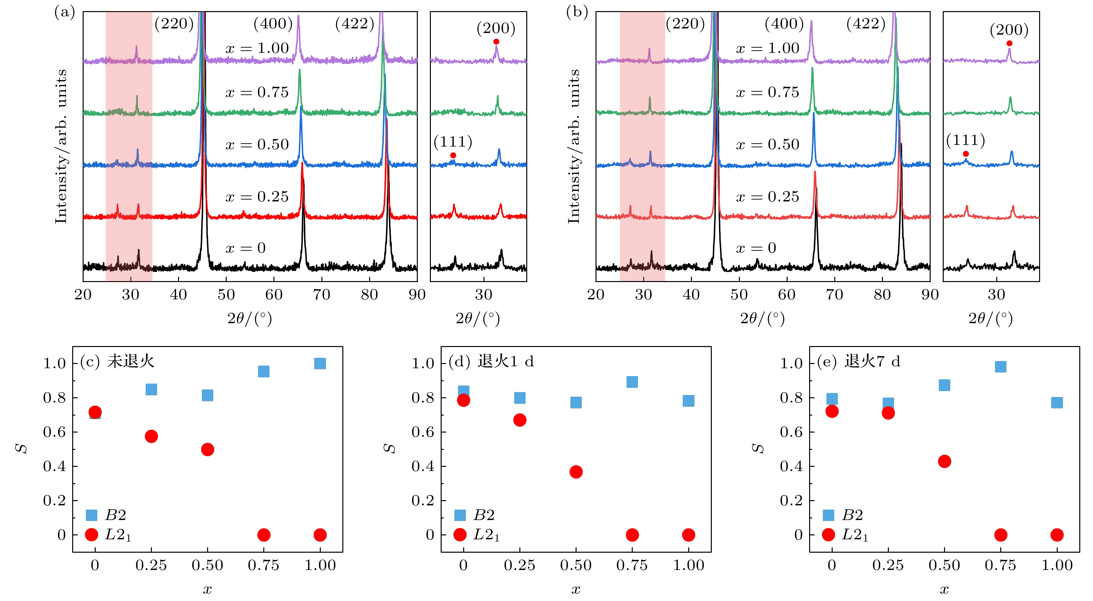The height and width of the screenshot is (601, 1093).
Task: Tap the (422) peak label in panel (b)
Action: point(866,24)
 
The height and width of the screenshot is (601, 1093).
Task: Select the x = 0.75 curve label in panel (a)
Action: point(257,92)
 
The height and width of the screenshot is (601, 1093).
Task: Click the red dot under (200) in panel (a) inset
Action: point(496,41)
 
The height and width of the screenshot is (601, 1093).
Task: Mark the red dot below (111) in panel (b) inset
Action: point(966,154)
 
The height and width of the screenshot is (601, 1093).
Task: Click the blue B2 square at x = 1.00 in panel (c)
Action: point(320,363)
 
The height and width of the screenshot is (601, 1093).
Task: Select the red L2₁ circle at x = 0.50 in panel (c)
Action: point(207,450)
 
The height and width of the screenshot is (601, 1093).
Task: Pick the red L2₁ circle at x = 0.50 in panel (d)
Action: point(576,472)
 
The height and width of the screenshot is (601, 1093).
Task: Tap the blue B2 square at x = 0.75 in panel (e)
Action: point(1001,367)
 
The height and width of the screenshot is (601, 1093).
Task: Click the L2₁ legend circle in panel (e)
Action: point(828,535)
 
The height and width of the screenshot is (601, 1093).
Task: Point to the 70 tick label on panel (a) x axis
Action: point(322,295)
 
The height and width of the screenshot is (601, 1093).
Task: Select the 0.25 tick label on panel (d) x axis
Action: point(519,565)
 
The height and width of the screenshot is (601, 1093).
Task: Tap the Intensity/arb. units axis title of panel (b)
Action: point(573,146)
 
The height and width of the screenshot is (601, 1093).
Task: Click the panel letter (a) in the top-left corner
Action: point(64,12)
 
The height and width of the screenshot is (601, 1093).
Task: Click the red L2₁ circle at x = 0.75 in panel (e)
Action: point(1001,535)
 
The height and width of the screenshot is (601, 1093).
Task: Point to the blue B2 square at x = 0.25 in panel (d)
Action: point(520,398)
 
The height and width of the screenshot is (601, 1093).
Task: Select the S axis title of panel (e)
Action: point(757,448)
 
